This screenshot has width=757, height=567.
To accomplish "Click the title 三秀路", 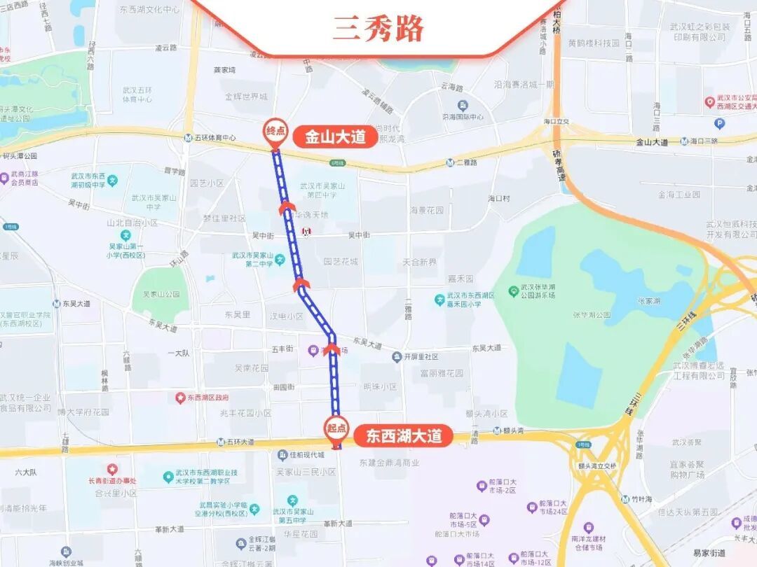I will click(x=378, y=29).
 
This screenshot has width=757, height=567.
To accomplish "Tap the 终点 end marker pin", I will click(x=274, y=130).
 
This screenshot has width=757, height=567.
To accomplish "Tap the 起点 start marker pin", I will click(x=336, y=428).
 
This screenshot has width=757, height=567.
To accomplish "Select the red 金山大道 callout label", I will click(x=335, y=136).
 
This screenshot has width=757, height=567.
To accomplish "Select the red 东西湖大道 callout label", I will click(x=404, y=436).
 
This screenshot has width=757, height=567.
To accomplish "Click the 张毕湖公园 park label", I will click(x=592, y=315).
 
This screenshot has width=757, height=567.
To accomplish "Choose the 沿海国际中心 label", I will click(x=463, y=117).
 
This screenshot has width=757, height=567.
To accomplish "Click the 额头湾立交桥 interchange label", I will click(x=597, y=465).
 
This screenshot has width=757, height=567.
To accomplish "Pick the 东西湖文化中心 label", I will click(x=149, y=10).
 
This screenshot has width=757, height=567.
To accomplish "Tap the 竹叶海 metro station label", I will click(x=640, y=499).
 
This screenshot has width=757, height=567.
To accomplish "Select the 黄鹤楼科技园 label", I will click(x=594, y=43).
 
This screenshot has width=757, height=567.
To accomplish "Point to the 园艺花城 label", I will click(x=341, y=261).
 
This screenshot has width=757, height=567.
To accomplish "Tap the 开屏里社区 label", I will click(x=421, y=357).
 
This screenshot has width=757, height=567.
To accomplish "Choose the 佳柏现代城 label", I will click(x=306, y=455).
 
